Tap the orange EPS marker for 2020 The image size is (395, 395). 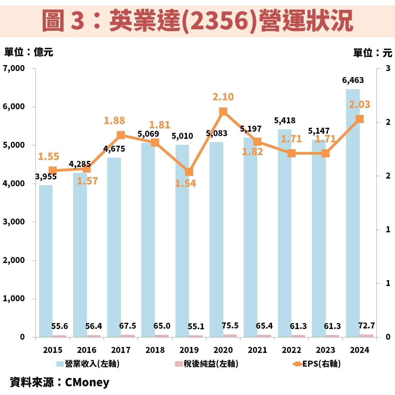[223, 112]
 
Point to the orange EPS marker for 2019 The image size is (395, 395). [189, 172]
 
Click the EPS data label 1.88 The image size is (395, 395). [114, 121]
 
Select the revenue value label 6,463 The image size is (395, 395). [353, 80]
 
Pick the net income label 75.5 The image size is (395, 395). [230, 326]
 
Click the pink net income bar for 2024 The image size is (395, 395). [366, 336]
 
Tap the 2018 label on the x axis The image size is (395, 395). [155, 350]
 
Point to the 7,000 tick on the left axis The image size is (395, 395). [14, 68]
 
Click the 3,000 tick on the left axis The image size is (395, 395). [14, 222]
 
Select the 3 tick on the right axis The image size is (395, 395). [388, 68]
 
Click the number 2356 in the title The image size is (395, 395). [219, 21]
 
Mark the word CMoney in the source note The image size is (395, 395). [87, 382]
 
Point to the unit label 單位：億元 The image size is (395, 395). [29, 52]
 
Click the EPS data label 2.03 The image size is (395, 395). [359, 104]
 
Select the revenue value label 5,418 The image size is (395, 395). [285, 121]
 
